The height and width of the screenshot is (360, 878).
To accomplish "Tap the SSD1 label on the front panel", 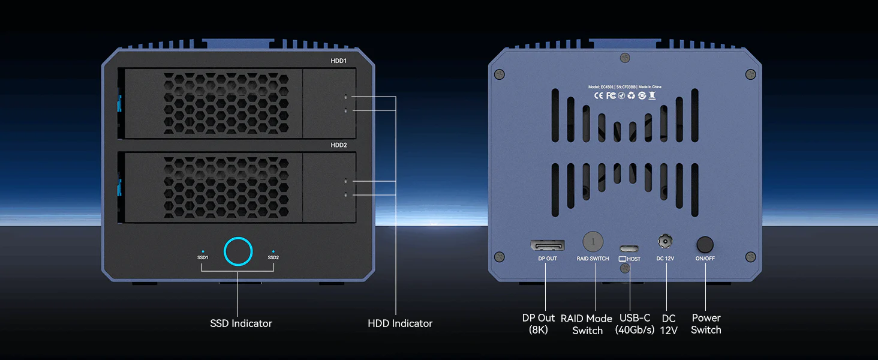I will [x=203, y=257].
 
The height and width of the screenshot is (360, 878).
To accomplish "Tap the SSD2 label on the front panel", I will [x=273, y=257].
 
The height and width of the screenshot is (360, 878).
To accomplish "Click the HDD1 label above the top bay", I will [x=339, y=61].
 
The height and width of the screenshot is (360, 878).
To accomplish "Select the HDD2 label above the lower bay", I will [x=339, y=145].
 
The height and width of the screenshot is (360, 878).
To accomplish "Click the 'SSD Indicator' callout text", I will [x=241, y=323].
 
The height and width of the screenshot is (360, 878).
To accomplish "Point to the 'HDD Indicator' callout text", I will [x=400, y=323].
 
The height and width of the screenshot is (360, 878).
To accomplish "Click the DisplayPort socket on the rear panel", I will [x=547, y=245].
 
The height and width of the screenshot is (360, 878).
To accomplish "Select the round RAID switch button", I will [x=593, y=241].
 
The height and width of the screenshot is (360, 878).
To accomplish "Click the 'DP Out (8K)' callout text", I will [x=539, y=324].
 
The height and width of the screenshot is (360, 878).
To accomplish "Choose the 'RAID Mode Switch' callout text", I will [x=587, y=325].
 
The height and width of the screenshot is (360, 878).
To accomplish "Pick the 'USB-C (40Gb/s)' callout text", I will [x=635, y=324].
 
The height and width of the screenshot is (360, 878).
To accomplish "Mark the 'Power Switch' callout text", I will [x=706, y=324].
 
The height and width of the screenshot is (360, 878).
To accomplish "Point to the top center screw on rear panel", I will [x=625, y=57].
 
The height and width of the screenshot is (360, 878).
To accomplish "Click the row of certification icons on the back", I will [x=624, y=95].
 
